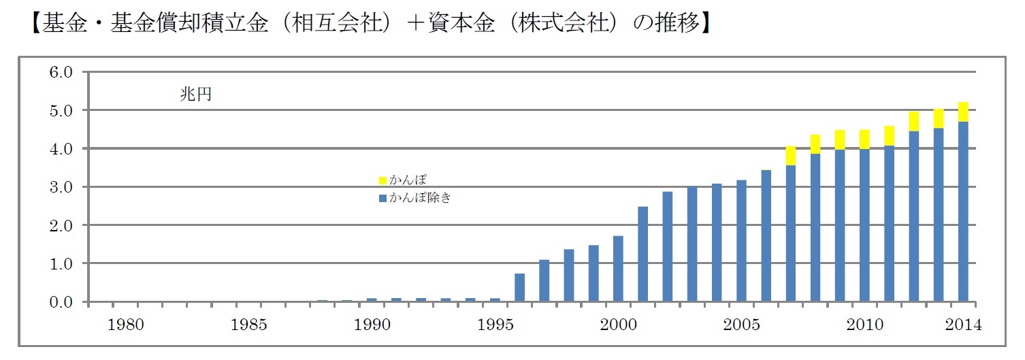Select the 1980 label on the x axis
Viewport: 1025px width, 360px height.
[x=127, y=325]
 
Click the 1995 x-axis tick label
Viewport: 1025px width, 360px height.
[x=495, y=325]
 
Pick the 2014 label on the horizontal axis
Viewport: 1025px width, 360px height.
[x=962, y=325]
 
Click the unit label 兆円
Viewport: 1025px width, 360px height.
[x=195, y=95]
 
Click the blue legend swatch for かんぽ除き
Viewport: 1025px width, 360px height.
[x=383, y=199]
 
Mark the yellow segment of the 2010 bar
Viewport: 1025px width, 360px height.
[x=864, y=140]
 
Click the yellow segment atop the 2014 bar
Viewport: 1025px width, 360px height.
[x=963, y=112]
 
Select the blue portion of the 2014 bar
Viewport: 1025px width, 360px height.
[x=963, y=212]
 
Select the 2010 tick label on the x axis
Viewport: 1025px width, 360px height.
[x=864, y=325]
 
